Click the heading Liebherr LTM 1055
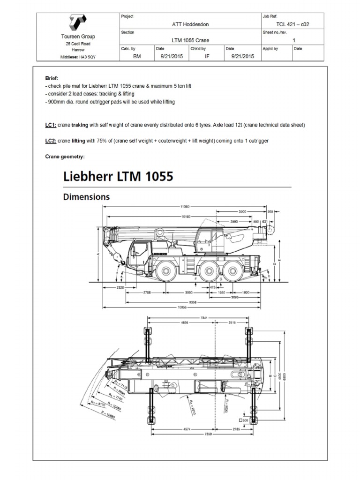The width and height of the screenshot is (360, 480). (118, 177)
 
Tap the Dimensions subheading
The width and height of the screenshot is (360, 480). (86, 197)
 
